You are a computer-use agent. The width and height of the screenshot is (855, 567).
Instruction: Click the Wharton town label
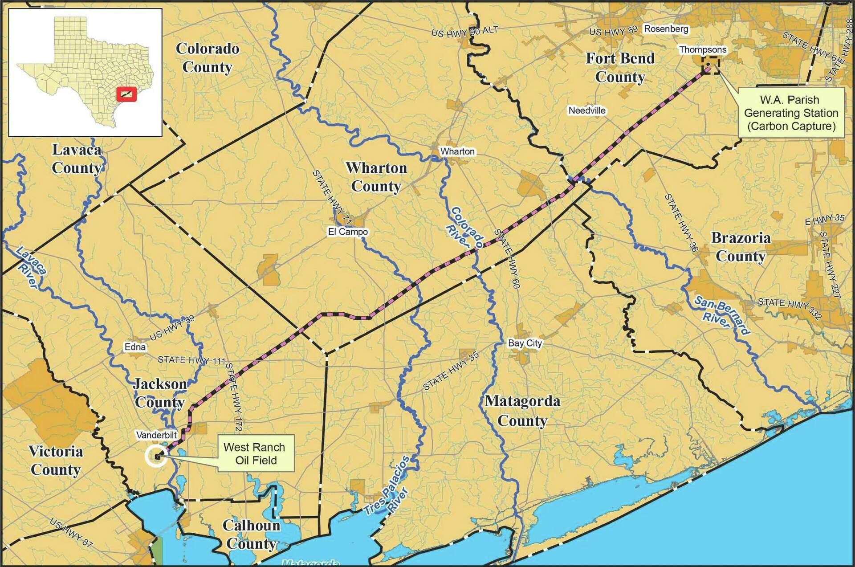coord(457,151)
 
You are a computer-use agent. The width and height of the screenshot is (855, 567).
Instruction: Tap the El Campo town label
coord(348,232)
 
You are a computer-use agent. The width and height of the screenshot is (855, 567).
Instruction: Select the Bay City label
coord(525,343)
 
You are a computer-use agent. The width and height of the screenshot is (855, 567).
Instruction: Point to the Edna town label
coord(135,347)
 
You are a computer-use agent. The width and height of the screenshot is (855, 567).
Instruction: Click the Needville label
coord(587,110)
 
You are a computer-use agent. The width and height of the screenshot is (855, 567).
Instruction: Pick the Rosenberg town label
coord(666,29)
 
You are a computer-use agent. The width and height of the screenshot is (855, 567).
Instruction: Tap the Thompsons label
coord(703,49)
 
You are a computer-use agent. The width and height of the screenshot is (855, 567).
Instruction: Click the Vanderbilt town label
coord(157,435)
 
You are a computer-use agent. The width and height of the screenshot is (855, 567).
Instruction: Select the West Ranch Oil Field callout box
coord(256,453)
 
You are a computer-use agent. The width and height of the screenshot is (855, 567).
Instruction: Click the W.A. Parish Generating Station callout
coord(791,113)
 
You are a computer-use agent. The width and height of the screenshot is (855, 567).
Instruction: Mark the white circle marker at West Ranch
coord(157,457)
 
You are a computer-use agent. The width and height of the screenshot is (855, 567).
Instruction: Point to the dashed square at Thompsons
coord(710,65)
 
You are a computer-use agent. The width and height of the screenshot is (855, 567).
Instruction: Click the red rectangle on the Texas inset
coord(126,94)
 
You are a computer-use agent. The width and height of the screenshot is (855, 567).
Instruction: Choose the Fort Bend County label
coord(620,67)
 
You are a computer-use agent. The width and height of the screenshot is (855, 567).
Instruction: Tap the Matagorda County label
coord(522,411)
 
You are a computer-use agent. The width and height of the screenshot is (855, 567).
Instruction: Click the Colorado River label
coord(466,227)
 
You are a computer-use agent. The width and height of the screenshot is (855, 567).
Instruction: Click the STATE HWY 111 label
coord(191,360)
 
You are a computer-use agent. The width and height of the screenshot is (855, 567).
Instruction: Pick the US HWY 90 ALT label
coord(464,32)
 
